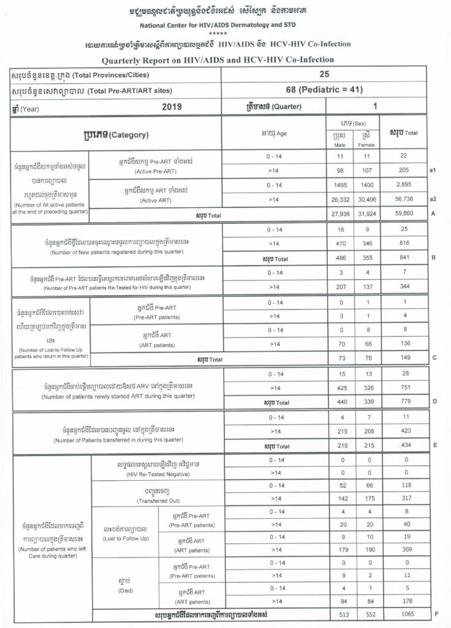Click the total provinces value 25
pos(324,74)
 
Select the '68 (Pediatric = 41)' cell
pos(324,90)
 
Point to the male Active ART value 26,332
pos(335,199)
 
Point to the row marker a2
pos(433,199)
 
